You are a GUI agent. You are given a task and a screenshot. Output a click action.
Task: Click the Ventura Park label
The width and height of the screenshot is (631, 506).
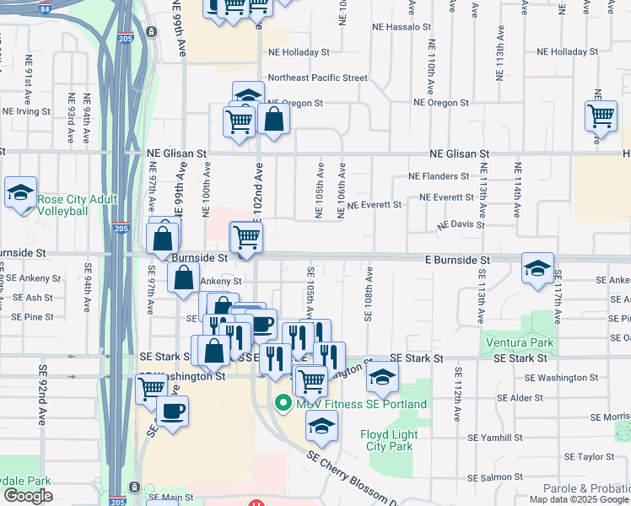point(520,343)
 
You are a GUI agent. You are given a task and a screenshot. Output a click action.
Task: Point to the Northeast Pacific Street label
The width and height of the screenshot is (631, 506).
point(317,78)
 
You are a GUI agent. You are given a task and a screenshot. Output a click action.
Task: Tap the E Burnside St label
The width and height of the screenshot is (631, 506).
point(459,261)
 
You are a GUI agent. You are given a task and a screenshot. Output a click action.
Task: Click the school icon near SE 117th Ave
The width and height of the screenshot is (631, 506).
point(537,269)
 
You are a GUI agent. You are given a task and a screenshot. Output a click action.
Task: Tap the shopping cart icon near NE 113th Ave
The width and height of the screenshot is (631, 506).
point(601,116)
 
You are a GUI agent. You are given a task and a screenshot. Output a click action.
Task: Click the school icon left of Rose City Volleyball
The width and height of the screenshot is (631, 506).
point(20,191)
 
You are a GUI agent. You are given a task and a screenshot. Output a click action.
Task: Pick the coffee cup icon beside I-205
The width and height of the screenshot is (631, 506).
point(173,412)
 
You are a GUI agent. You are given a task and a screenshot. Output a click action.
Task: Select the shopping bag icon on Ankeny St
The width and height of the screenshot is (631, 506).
point(183,277)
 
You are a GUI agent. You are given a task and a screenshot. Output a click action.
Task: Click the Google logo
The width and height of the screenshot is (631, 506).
point(28,496)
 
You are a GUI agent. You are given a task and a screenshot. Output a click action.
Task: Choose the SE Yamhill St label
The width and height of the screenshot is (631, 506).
point(496,439)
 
